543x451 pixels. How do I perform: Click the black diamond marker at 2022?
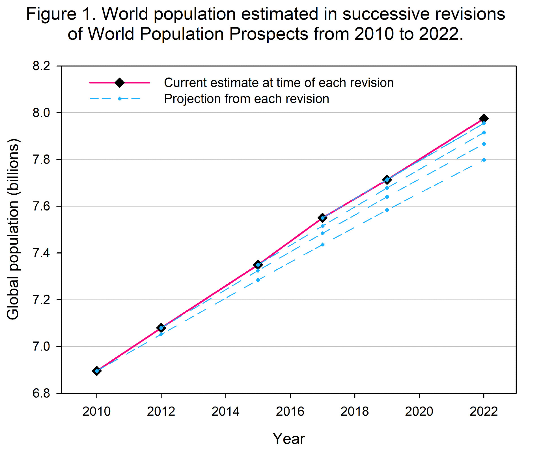(484, 119)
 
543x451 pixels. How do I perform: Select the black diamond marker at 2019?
(387, 180)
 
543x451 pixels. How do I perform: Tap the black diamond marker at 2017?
(322, 218)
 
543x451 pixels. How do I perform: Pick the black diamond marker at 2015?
(258, 265)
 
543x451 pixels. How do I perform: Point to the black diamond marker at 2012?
(161, 328)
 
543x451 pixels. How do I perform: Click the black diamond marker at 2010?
(97, 371)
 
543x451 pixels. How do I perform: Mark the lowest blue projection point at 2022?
(484, 160)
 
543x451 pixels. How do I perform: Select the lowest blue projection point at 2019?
(387, 210)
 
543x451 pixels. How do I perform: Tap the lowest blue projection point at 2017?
(322, 244)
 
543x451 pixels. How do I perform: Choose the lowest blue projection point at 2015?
(258, 280)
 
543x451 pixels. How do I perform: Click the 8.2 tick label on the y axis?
(41, 66)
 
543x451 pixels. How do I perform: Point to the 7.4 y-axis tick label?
(41, 253)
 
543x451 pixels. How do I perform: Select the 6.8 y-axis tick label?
(41, 393)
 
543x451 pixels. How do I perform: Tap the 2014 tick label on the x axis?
(225, 411)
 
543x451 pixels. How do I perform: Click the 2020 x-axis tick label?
(419, 411)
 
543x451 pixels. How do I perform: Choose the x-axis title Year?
(289, 439)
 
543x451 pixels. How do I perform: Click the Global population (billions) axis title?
(13, 229)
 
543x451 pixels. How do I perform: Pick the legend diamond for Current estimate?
(120, 83)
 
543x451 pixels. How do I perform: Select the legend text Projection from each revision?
(246, 99)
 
